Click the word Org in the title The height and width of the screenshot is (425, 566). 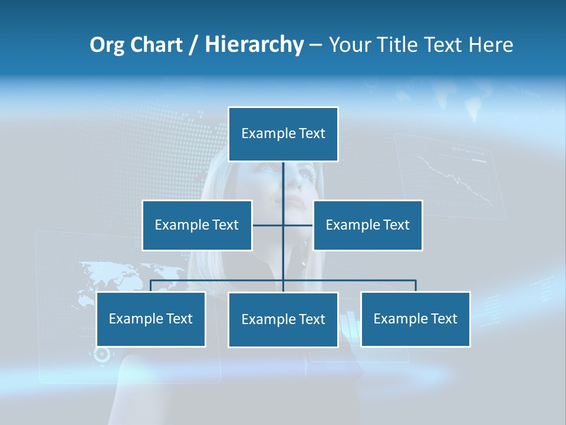pyautogui.click(x=107, y=45)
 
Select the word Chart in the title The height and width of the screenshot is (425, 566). pyautogui.click(x=156, y=45)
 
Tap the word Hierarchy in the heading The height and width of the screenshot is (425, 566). pyautogui.click(x=254, y=45)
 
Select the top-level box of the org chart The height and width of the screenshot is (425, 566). pyautogui.click(x=283, y=134)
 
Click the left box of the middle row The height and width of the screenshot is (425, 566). pyautogui.click(x=197, y=225)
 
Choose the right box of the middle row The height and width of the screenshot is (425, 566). pyautogui.click(x=367, y=225)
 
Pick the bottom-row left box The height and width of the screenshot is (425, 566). pyautogui.click(x=151, y=319)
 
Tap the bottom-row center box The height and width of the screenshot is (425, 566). pyautogui.click(x=283, y=320)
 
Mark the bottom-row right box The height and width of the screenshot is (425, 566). pyautogui.click(x=415, y=319)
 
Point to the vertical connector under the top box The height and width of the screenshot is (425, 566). pyautogui.click(x=284, y=189)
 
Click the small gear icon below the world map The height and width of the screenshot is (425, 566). pyautogui.click(x=102, y=354)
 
